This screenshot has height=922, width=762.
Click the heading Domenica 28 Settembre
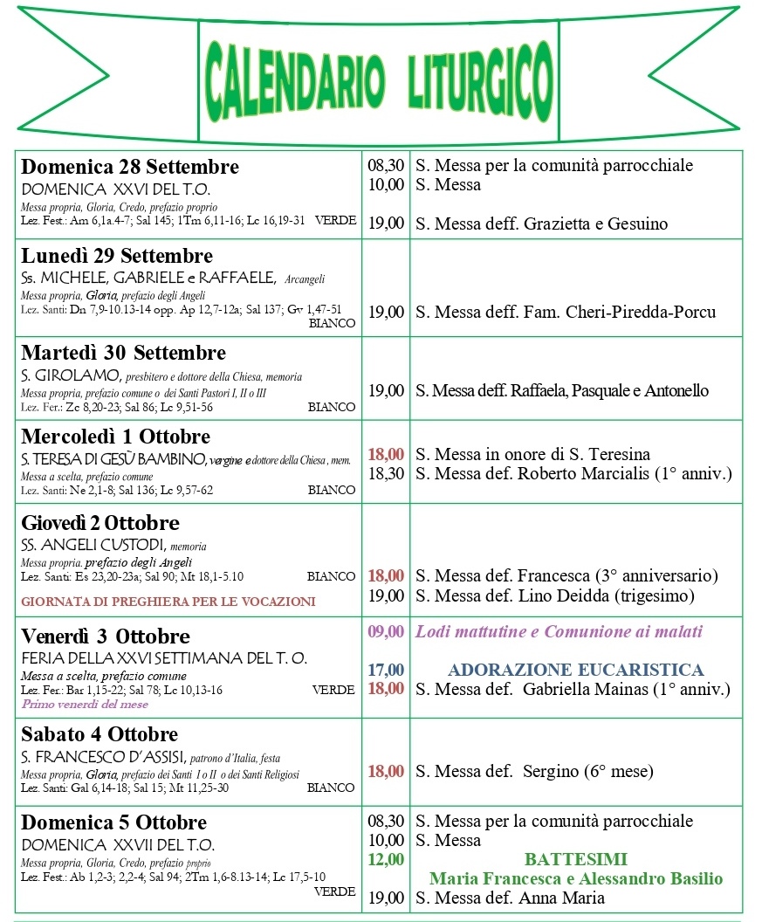click(130, 167)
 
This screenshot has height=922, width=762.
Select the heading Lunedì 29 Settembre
click(117, 256)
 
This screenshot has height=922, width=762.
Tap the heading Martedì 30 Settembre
click(123, 353)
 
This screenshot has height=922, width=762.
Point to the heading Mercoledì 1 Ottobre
click(115, 437)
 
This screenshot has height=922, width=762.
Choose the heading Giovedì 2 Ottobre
click(100, 523)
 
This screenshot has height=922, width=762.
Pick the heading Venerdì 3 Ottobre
click(106, 636)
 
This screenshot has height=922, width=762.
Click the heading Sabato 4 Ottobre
click(100, 734)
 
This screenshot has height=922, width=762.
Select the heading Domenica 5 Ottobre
click(114, 822)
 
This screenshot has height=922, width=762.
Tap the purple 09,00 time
click(386, 631)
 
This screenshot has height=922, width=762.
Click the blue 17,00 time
click(386, 670)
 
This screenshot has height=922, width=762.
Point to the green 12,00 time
click(386, 859)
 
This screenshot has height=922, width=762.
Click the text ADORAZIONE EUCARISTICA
click(575, 670)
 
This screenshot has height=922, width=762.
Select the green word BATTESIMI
click(576, 859)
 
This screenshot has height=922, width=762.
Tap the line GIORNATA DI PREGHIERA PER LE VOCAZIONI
click(168, 602)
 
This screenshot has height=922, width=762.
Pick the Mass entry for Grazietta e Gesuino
click(541, 224)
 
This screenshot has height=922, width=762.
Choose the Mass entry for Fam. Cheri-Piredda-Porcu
click(566, 312)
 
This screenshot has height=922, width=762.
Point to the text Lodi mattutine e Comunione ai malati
click(559, 631)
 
